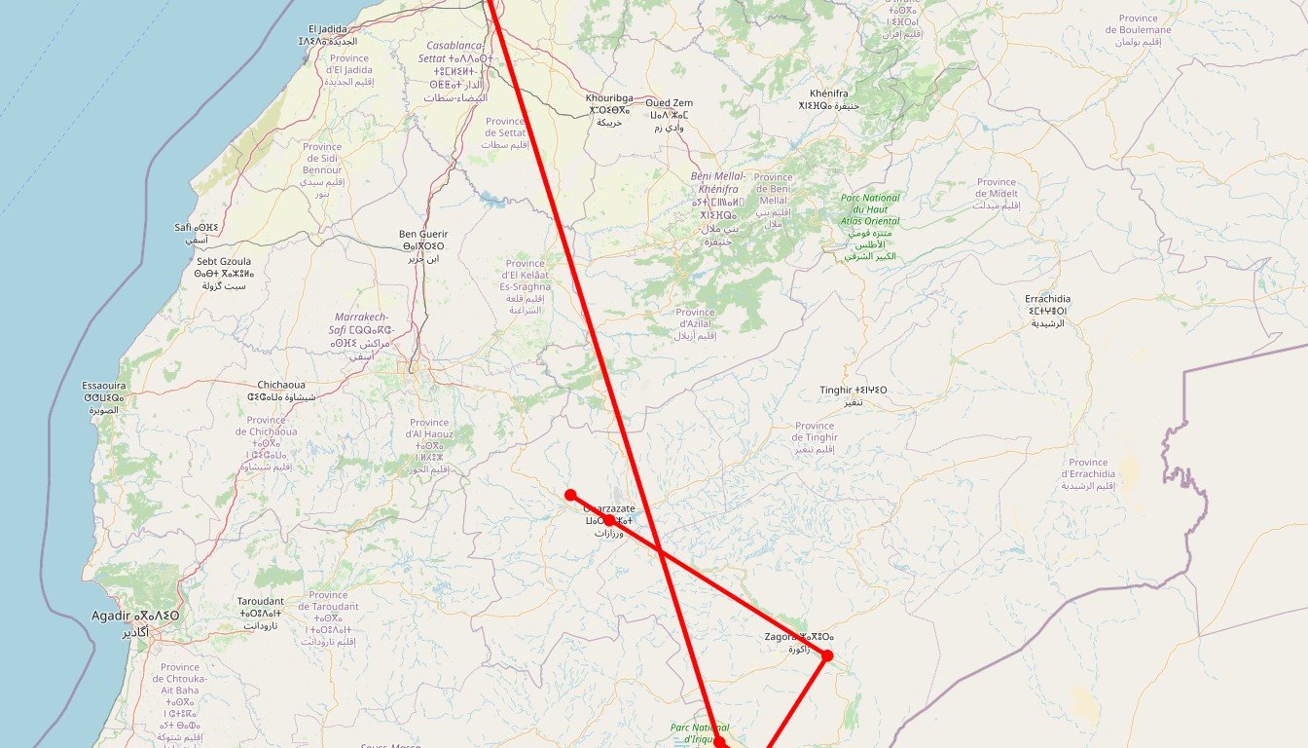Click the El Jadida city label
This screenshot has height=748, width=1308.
tap(327, 35)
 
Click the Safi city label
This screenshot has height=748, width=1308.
tap(197, 233)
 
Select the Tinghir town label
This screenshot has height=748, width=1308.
tap(853, 395)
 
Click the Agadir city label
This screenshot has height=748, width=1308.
tap(134, 622)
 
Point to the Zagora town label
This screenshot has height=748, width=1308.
tap(800, 643)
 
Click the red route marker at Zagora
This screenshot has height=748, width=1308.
tap(827, 655)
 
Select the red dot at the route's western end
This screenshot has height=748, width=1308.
tap(570, 495)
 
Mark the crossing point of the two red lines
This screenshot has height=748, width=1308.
tap(660, 551)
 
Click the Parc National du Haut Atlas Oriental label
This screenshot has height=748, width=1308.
tap(870, 227)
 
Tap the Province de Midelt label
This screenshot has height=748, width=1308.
tap(997, 193)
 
